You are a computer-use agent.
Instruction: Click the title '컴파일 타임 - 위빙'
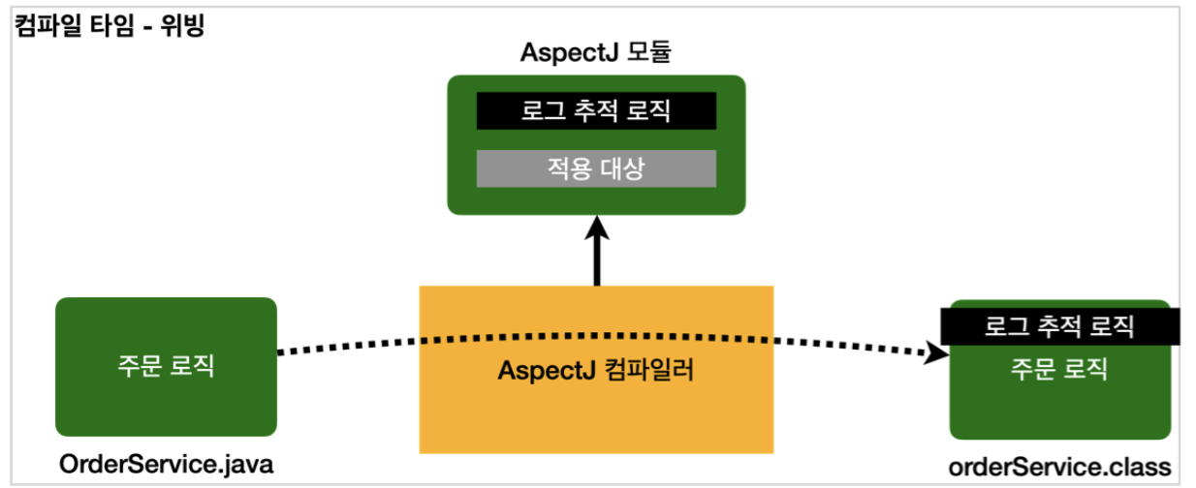click(110, 24)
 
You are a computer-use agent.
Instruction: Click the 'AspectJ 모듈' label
click(596, 54)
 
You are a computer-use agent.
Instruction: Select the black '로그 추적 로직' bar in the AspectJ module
click(596, 110)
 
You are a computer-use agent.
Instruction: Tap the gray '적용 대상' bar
click(596, 168)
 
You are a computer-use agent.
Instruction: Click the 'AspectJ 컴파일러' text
click(596, 370)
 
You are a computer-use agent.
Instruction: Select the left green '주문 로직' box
click(166, 366)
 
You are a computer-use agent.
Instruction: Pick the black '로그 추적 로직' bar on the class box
click(1059, 326)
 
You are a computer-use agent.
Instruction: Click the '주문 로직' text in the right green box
click(1059, 369)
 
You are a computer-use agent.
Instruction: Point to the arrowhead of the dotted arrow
click(937, 354)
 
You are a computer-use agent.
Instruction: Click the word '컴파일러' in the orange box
click(651, 370)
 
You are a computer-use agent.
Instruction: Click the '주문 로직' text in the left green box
click(166, 366)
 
